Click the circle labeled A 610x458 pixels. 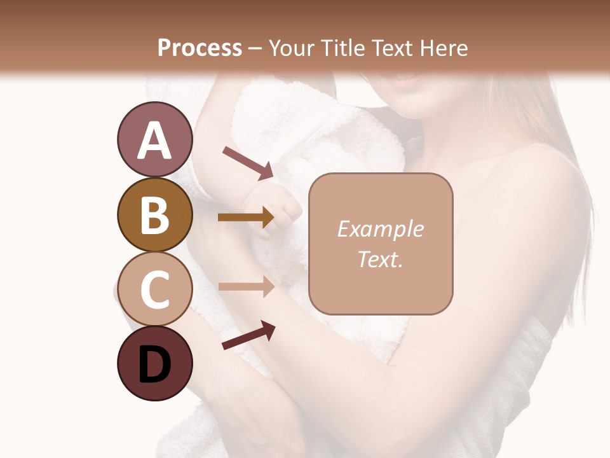[154, 139]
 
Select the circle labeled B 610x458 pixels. [154, 214]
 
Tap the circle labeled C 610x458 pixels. [154, 289]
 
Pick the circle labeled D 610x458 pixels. [154, 363]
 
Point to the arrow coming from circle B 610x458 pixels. [247, 218]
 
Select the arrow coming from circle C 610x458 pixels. [247, 286]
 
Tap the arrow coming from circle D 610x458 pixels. [248, 336]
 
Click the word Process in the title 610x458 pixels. [200, 48]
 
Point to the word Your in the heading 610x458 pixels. [292, 48]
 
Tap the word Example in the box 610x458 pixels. [380, 229]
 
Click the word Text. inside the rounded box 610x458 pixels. [380, 259]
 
